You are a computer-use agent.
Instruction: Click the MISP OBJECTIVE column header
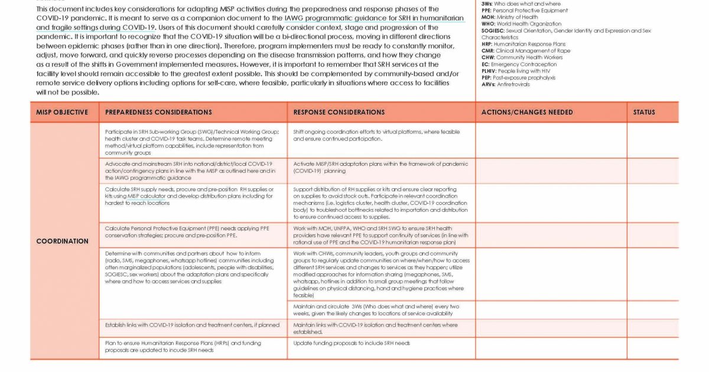click(x=62, y=112)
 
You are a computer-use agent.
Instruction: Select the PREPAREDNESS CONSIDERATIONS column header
click(x=158, y=112)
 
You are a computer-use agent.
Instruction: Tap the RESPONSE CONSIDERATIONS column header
click(x=339, y=112)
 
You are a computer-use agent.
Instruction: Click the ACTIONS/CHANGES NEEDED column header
click(x=527, y=112)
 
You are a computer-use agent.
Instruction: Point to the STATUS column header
click(x=644, y=112)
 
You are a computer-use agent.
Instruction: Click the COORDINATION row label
click(x=62, y=241)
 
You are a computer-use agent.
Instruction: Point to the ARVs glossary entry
click(x=505, y=84)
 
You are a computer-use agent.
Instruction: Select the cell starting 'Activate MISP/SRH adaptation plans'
click(x=380, y=167)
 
